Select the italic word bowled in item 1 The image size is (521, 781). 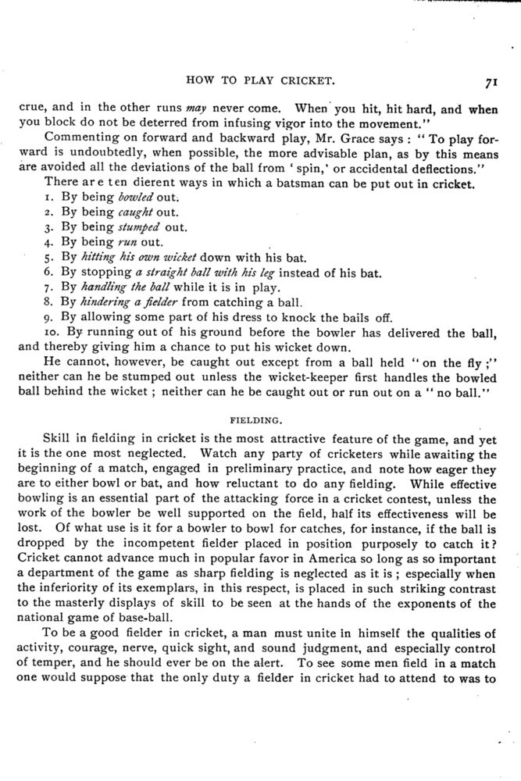(128, 198)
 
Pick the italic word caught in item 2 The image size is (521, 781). (127, 212)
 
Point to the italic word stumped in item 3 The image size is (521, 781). (134, 227)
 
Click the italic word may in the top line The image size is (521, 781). (192, 109)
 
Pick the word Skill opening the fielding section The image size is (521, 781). (58, 439)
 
